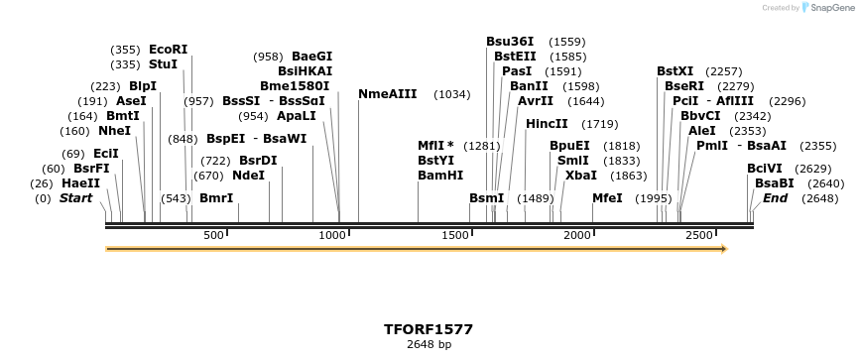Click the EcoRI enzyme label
(168, 49)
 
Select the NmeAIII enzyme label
(387, 94)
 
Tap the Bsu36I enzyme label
(510, 42)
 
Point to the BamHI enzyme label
(440, 175)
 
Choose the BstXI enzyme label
(675, 71)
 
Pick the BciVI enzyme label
(765, 169)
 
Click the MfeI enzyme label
(607, 198)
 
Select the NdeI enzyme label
(248, 175)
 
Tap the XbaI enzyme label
(580, 175)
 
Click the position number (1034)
(452, 94)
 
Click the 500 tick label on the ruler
(213, 235)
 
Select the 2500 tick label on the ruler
(699, 235)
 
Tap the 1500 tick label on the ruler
(456, 235)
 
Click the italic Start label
(75, 198)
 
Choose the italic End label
(775, 198)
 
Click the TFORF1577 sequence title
(429, 328)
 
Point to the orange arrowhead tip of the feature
(726, 249)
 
